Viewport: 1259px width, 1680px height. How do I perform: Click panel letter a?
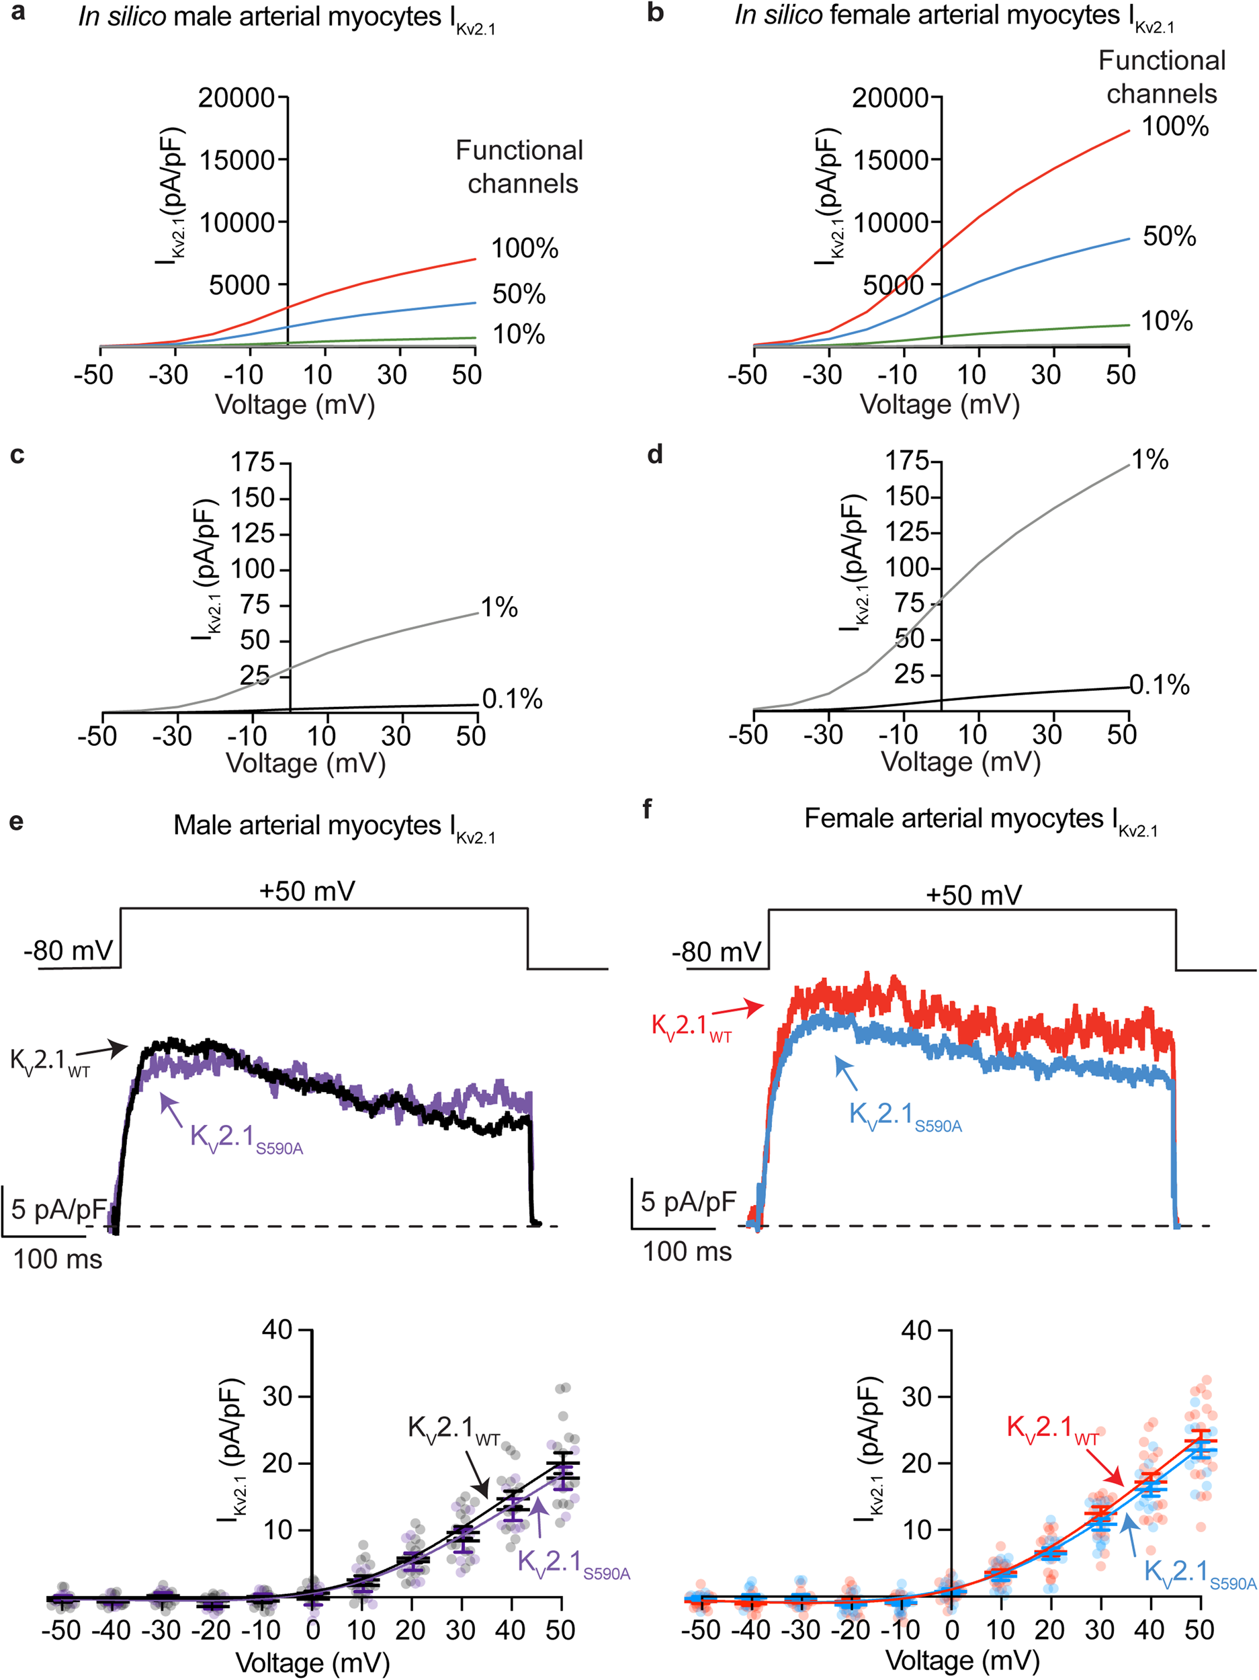pyautogui.click(x=16, y=13)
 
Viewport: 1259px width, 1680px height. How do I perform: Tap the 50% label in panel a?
pyautogui.click(x=519, y=294)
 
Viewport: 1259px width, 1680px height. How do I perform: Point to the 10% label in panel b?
pyautogui.click(x=1166, y=321)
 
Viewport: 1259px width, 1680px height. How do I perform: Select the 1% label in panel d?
pyautogui.click(x=1149, y=460)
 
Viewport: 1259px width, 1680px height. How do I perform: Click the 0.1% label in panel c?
pyautogui.click(x=512, y=699)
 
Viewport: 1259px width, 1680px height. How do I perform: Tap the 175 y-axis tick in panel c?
pyautogui.click(x=252, y=462)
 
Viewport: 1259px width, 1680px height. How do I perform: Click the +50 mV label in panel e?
pyautogui.click(x=307, y=891)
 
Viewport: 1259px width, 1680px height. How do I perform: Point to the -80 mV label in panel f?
pyautogui.click(x=716, y=952)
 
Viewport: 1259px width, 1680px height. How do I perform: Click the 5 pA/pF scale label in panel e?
pyautogui.click(x=58, y=1209)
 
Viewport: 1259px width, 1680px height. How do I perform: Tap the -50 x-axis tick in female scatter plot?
pyautogui.click(x=699, y=1630)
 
